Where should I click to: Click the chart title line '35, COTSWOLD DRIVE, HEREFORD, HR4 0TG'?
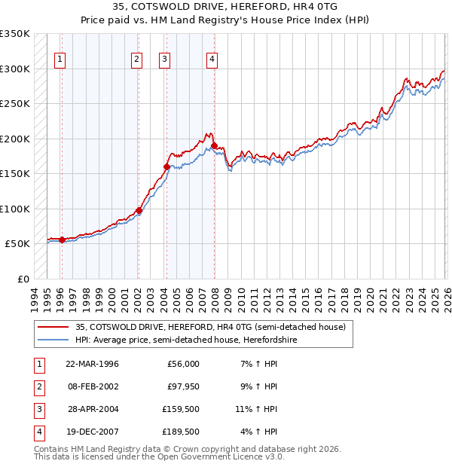[x=226, y=6]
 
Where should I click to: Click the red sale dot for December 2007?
[x=215, y=145]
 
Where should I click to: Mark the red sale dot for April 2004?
[x=166, y=166]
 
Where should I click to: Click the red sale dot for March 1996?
[x=62, y=240]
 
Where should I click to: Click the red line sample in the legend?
[x=53, y=327]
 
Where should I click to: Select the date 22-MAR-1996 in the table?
[x=92, y=364]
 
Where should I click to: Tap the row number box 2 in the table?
[x=38, y=386]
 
